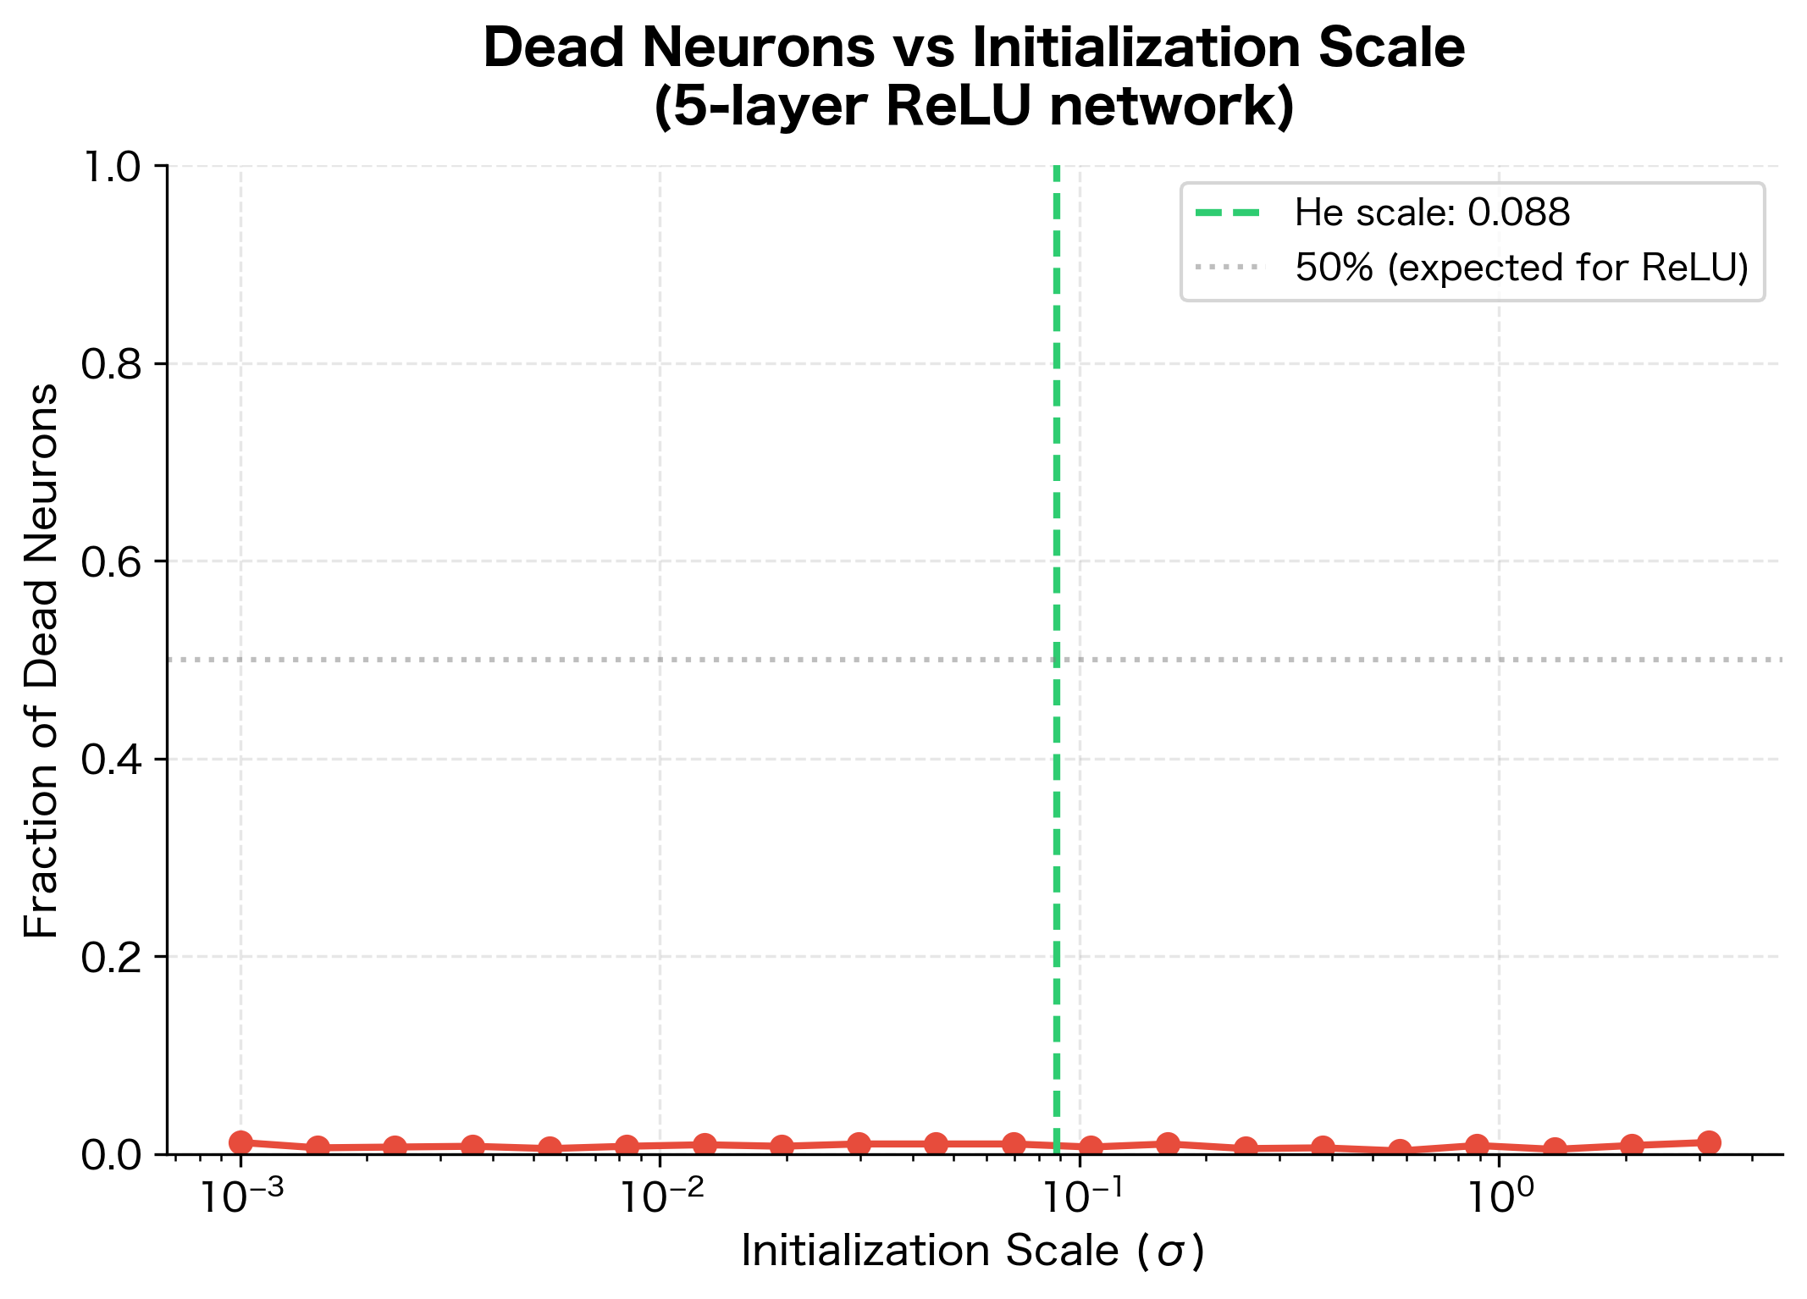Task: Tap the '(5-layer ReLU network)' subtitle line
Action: coord(974,108)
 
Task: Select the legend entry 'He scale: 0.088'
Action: coord(1431,213)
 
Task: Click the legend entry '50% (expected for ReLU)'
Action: coord(1521,268)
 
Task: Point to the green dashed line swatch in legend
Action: coord(1229,213)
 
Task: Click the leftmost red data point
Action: coord(240,1142)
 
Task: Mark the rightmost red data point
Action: coord(1709,1142)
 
